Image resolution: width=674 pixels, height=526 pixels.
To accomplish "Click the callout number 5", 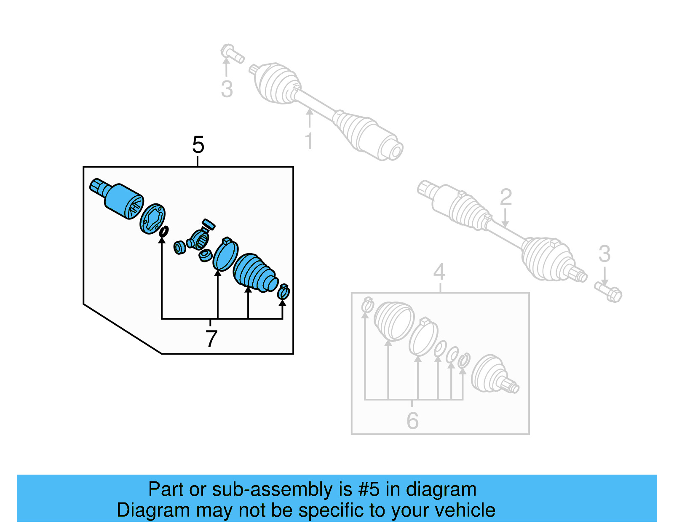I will point(198,145).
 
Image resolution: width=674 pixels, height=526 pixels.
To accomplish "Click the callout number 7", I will point(211,339).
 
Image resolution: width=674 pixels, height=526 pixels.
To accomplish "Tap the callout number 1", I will point(309,141).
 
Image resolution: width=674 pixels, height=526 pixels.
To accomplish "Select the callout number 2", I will point(505,197).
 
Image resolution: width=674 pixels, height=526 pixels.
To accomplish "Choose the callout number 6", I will point(412,421).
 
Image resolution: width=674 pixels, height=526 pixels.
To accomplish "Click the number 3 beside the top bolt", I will point(227,89).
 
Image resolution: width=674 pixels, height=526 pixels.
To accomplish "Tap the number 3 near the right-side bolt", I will point(604,254).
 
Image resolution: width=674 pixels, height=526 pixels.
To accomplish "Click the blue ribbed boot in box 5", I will point(254,272).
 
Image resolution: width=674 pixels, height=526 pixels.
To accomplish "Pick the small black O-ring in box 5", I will point(163,231).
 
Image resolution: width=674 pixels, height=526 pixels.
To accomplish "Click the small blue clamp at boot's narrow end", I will point(284,291).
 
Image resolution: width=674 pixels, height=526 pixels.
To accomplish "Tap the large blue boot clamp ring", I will point(225,255).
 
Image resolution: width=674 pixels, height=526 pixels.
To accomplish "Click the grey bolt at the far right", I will point(609,291).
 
